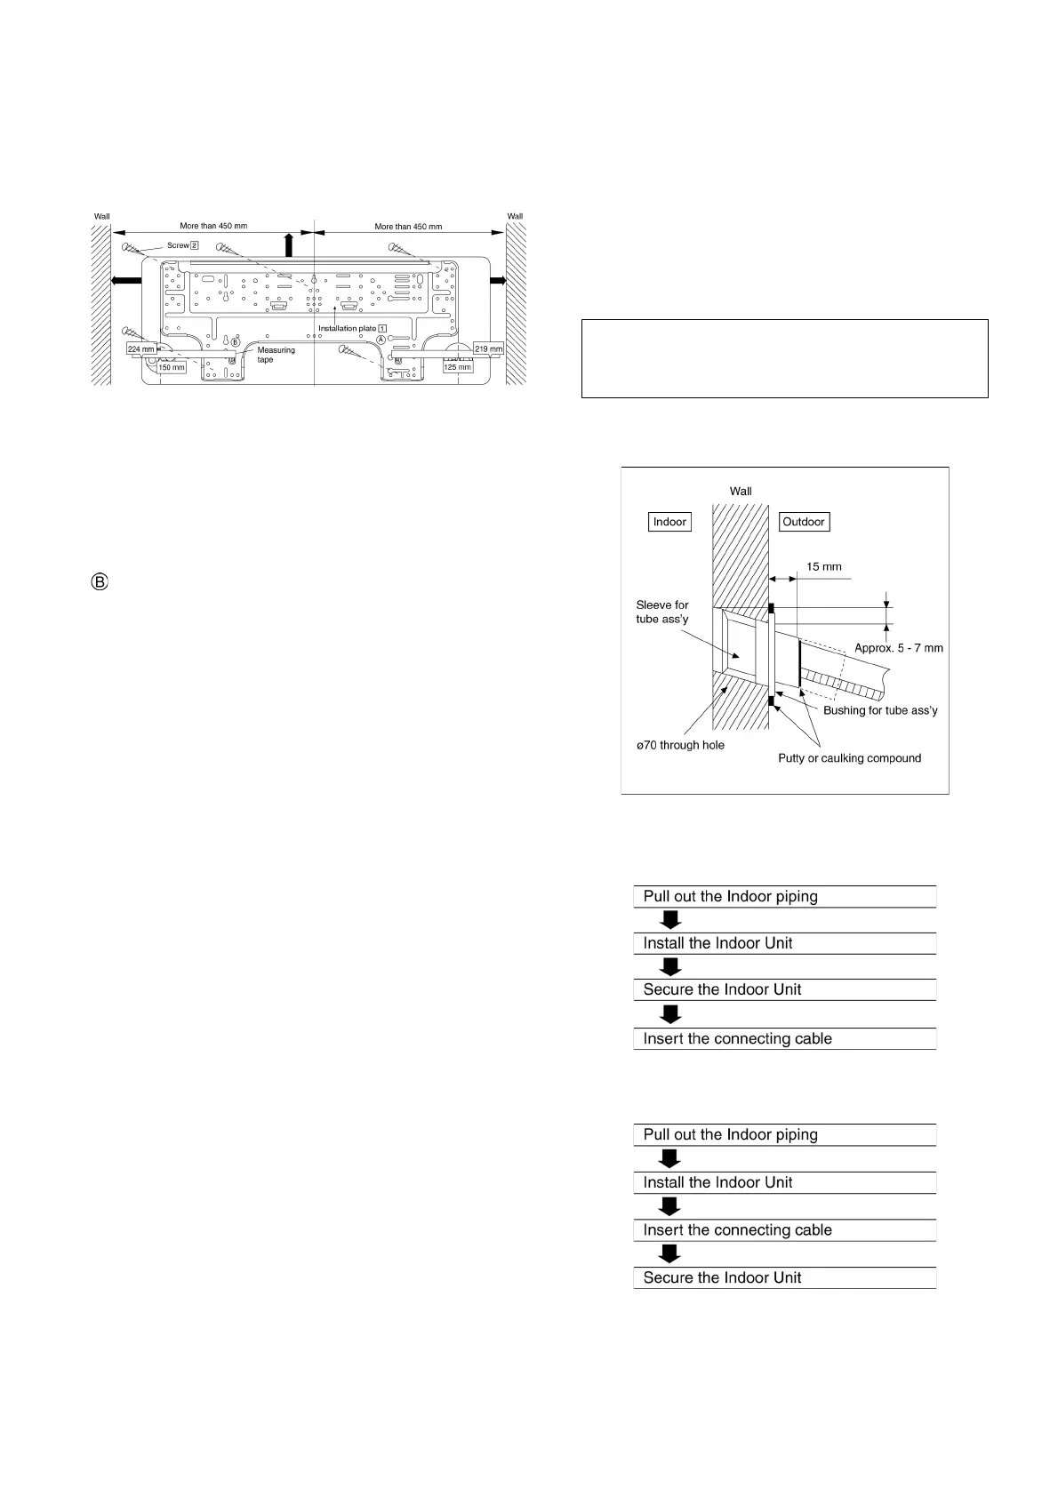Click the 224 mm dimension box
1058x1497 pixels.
coord(141,349)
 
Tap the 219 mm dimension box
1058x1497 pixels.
coord(488,349)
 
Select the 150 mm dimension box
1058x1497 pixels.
coord(172,367)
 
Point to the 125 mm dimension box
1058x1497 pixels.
coord(458,367)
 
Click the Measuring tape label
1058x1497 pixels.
coord(276,355)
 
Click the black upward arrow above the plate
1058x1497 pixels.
coord(288,244)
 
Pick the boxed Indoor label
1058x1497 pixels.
coord(669,522)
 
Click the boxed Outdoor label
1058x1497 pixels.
coord(804,522)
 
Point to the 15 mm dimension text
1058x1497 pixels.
coord(823,567)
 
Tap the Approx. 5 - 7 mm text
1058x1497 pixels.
coord(898,648)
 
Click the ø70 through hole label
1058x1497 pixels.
coord(680,745)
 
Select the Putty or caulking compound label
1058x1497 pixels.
coord(849,758)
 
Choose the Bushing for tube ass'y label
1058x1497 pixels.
coord(880,710)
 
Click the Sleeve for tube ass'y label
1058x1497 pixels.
coord(662,612)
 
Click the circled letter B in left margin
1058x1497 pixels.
coord(100,583)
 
